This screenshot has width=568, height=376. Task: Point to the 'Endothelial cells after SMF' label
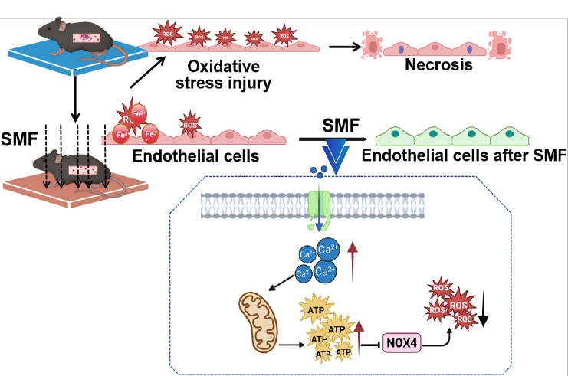click(463, 155)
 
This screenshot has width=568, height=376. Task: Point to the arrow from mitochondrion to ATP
click(294, 344)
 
